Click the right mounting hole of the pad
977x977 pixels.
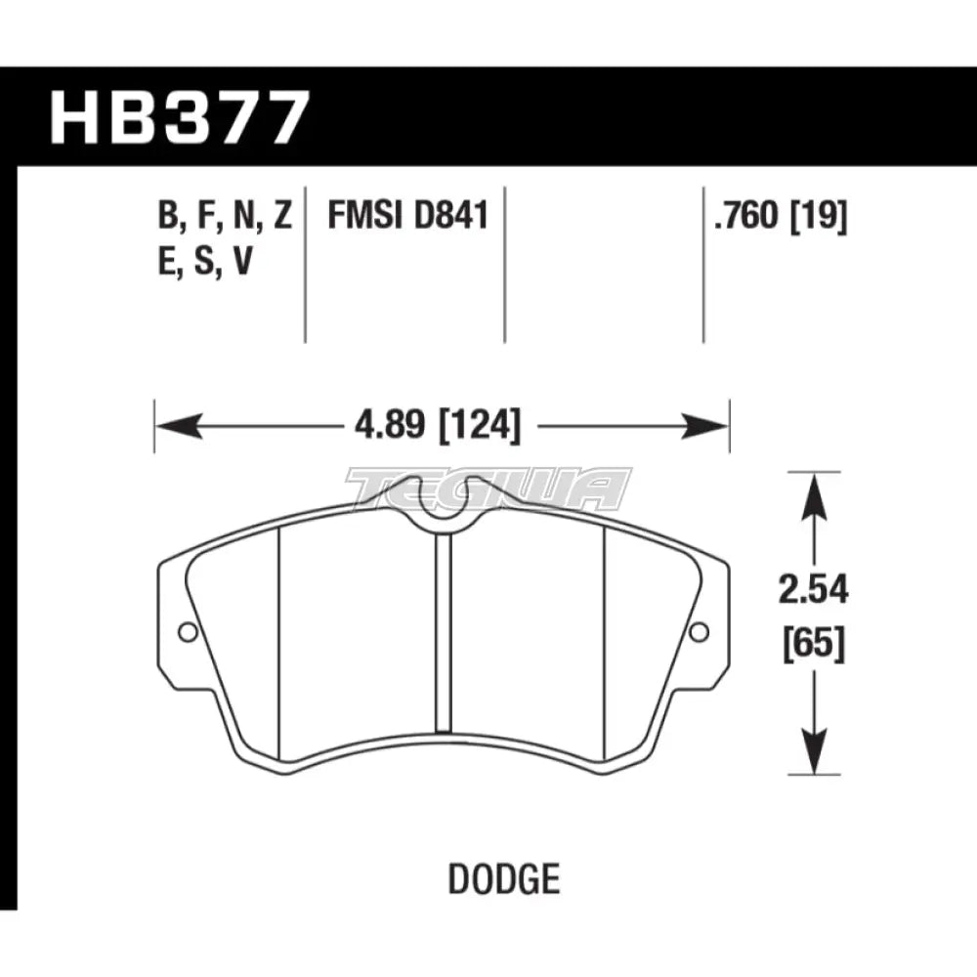point(699,632)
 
